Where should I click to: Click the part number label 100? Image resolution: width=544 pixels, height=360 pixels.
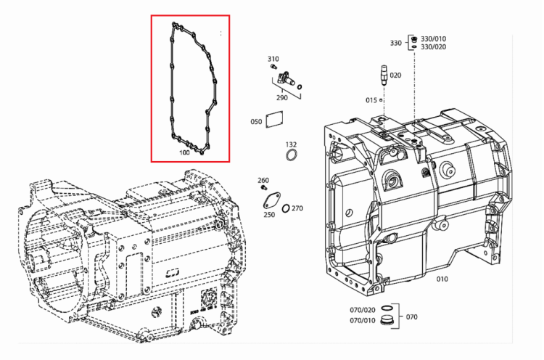pos(184,152)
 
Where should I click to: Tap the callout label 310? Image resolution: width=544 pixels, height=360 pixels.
pos(273,59)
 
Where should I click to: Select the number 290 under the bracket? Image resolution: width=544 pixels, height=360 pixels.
pos(281,97)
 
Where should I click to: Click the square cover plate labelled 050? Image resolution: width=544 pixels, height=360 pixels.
pos(274,119)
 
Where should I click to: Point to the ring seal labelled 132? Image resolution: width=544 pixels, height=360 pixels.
pos(292,155)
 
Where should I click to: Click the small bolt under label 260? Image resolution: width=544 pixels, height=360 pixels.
pos(263,187)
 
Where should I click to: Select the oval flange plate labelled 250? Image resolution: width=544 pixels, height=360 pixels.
pos(272,200)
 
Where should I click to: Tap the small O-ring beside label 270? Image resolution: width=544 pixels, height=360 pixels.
pos(286,208)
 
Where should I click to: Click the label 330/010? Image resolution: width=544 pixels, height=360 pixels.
pos(433,39)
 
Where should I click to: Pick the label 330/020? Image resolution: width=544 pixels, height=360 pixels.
pos(433,47)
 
